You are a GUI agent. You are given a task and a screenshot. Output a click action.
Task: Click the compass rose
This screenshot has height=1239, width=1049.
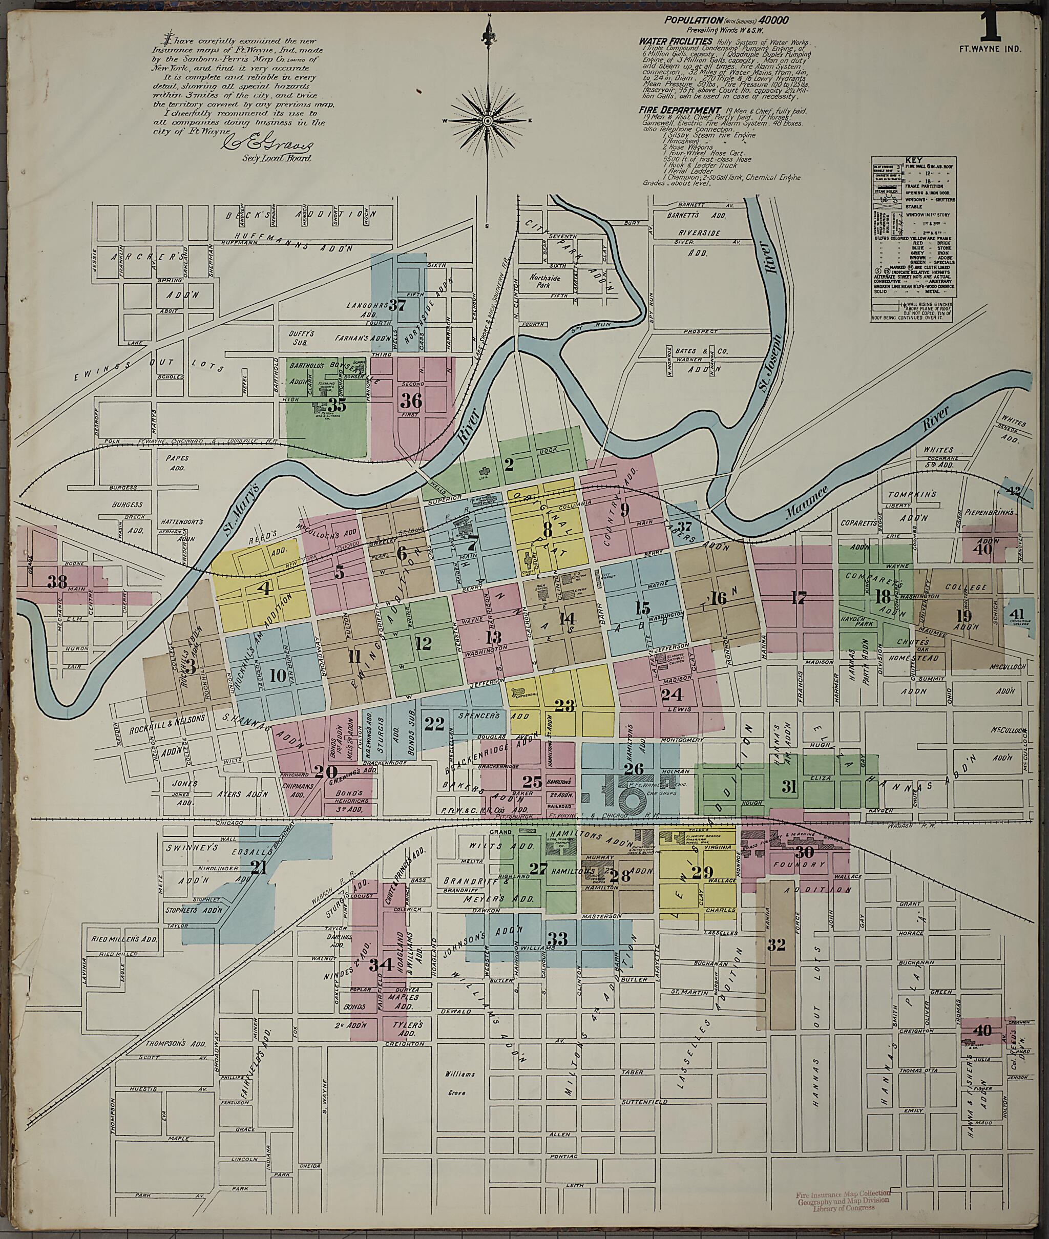pos(487,121)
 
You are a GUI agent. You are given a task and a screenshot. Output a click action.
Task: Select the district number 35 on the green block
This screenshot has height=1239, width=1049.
pos(337,406)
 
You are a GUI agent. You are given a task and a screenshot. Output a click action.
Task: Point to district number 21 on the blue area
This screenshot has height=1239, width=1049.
pos(258,868)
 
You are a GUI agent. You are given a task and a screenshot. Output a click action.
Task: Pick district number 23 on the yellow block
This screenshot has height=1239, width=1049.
pos(564,706)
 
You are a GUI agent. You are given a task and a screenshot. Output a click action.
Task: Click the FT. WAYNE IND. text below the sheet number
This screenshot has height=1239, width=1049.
pos(991,49)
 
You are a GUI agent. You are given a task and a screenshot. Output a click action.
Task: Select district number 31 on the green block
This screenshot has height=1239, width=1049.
pos(788,787)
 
